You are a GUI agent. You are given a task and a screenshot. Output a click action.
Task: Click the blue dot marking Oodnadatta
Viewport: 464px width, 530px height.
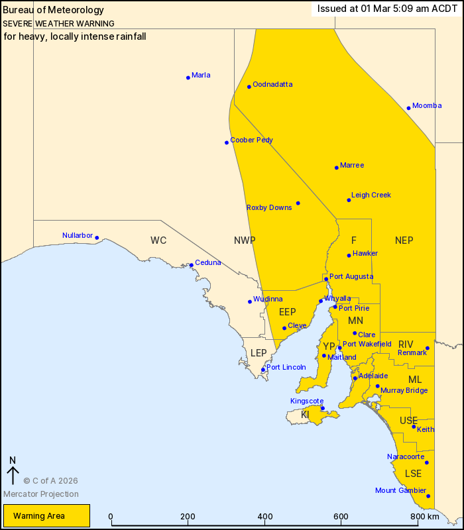click(249, 87)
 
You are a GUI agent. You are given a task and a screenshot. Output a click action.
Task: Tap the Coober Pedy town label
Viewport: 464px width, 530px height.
click(251, 140)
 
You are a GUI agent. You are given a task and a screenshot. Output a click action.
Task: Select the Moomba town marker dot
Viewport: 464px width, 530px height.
click(409, 108)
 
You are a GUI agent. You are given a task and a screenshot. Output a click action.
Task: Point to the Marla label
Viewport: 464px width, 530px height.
click(201, 76)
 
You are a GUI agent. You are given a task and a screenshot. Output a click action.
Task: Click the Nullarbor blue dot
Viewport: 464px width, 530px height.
click(97, 238)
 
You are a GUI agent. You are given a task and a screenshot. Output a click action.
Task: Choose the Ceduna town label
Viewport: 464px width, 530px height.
click(207, 263)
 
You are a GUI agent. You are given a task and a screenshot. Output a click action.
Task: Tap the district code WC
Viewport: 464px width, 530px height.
click(158, 240)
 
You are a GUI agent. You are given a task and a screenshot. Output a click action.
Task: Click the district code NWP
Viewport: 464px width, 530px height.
click(245, 240)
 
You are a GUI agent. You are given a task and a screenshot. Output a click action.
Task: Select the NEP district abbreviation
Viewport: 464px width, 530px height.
click(404, 240)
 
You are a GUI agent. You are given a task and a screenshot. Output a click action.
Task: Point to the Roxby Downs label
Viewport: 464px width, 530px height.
click(269, 208)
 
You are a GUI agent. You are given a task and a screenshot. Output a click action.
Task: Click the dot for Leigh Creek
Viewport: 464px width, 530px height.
click(349, 200)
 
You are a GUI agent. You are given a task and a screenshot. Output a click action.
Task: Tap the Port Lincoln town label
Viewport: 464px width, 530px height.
click(286, 367)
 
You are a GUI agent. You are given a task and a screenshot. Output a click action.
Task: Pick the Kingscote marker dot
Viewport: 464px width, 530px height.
click(323, 408)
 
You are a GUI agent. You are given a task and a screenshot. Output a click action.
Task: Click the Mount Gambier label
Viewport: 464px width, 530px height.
click(400, 491)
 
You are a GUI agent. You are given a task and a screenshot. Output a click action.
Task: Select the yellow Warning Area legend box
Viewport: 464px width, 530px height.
click(46, 516)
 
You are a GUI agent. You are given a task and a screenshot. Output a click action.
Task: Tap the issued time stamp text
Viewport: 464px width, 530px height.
click(387, 9)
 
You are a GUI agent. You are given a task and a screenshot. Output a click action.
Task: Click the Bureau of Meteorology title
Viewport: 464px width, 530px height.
click(54, 10)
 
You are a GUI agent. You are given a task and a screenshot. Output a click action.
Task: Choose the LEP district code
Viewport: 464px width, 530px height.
click(259, 353)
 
